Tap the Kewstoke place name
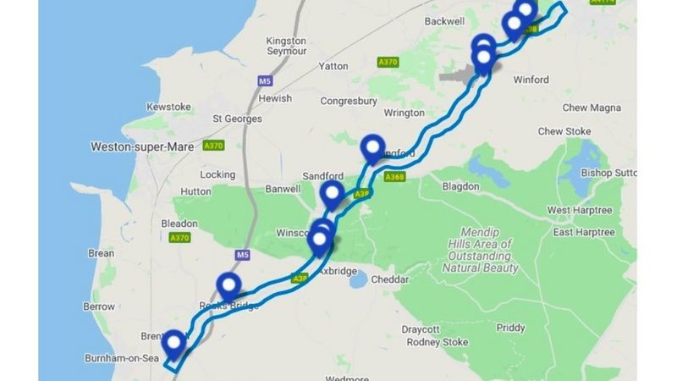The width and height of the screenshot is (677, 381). pyautogui.click(x=169, y=107)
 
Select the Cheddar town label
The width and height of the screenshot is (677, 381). pyautogui.click(x=390, y=279)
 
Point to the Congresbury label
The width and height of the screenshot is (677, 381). pyautogui.click(x=347, y=101)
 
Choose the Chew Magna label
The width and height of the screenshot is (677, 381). pyautogui.click(x=592, y=108)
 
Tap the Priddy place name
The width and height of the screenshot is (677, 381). pyautogui.click(x=510, y=328)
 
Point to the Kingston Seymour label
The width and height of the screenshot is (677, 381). pyautogui.click(x=286, y=46)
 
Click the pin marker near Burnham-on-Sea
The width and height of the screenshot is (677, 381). pyautogui.click(x=174, y=344)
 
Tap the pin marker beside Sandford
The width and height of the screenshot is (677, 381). pyautogui.click(x=333, y=194)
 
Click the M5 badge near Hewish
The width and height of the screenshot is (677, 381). pyautogui.click(x=264, y=81)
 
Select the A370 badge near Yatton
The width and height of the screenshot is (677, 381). pyautogui.click(x=388, y=62)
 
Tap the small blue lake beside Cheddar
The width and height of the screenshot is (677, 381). pyautogui.click(x=360, y=279)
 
